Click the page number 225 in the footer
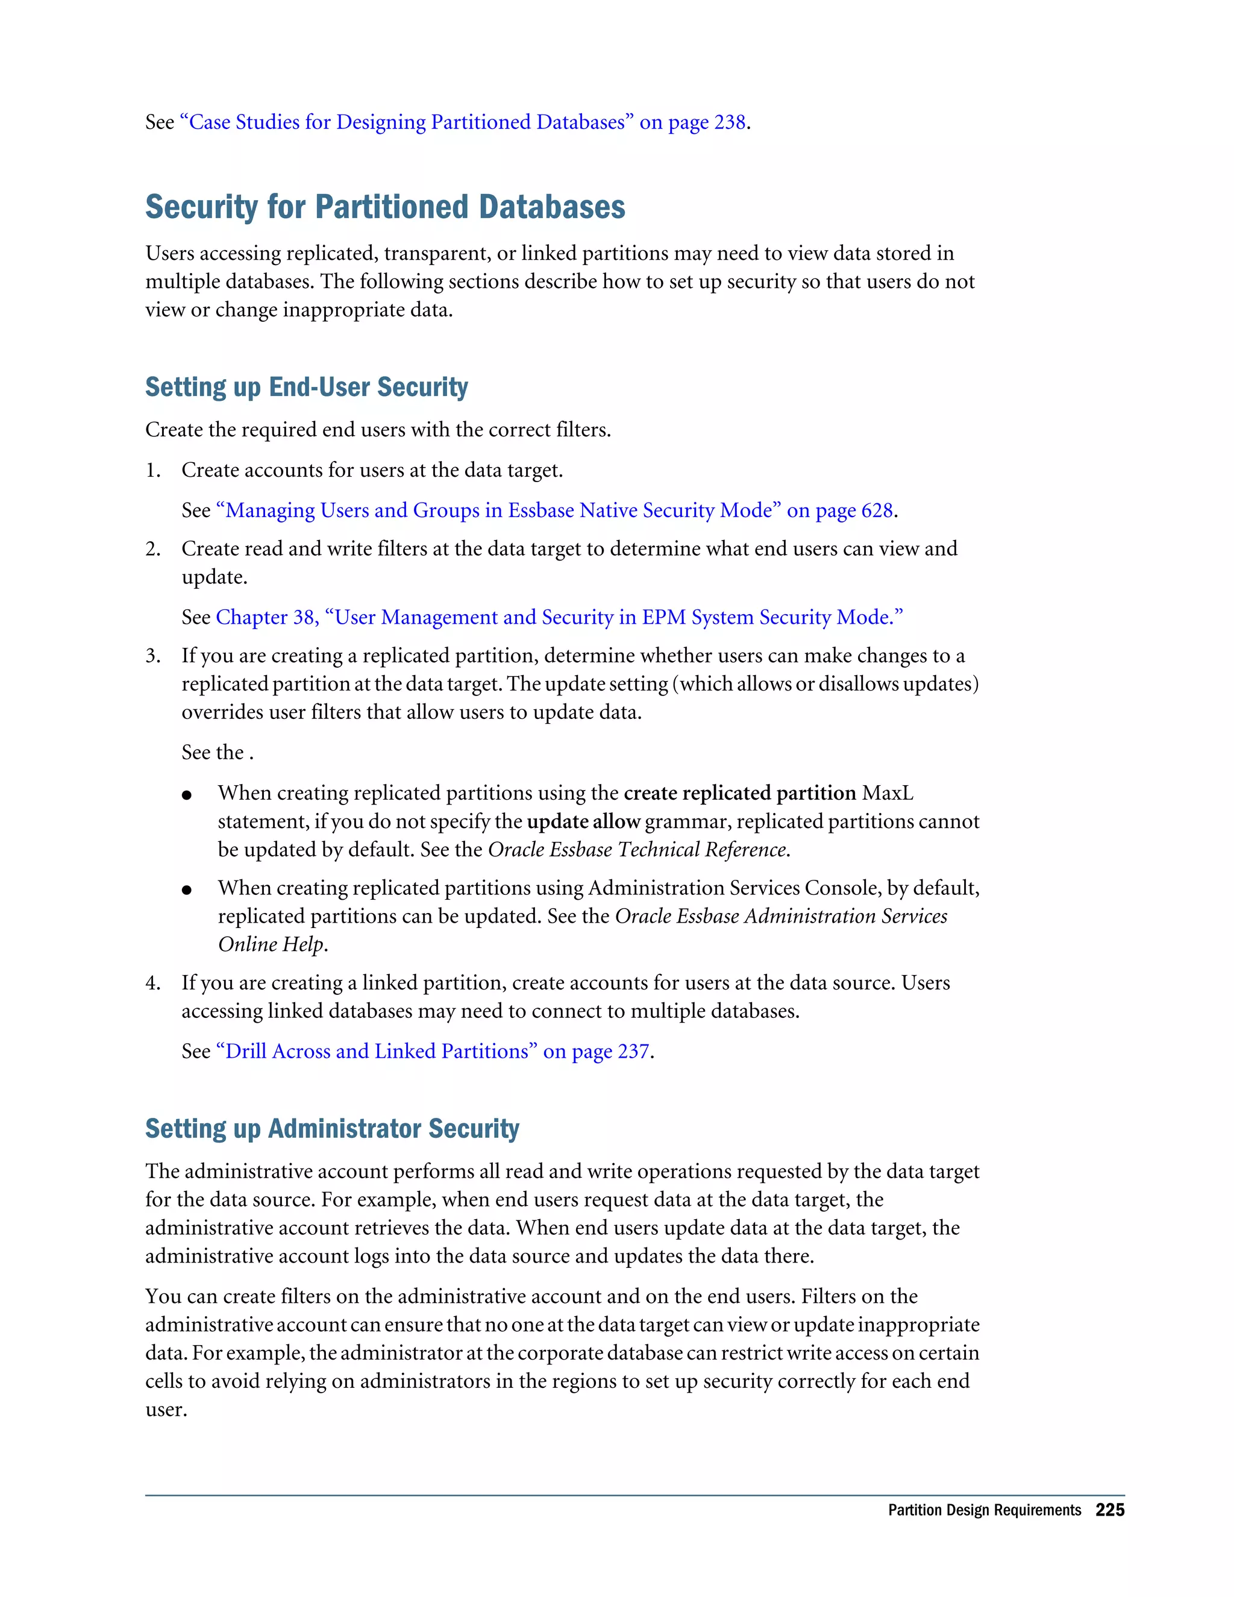(1109, 1510)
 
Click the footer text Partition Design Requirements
(984, 1511)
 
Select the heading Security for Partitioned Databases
(385, 207)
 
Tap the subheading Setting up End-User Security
(306, 387)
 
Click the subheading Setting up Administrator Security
(332, 1128)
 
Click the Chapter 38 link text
(266, 617)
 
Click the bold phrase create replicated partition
(739, 794)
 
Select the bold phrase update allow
(583, 822)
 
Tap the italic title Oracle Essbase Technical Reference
(637, 850)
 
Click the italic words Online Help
(271, 945)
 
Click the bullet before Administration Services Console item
(187, 890)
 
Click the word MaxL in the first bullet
(888, 794)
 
